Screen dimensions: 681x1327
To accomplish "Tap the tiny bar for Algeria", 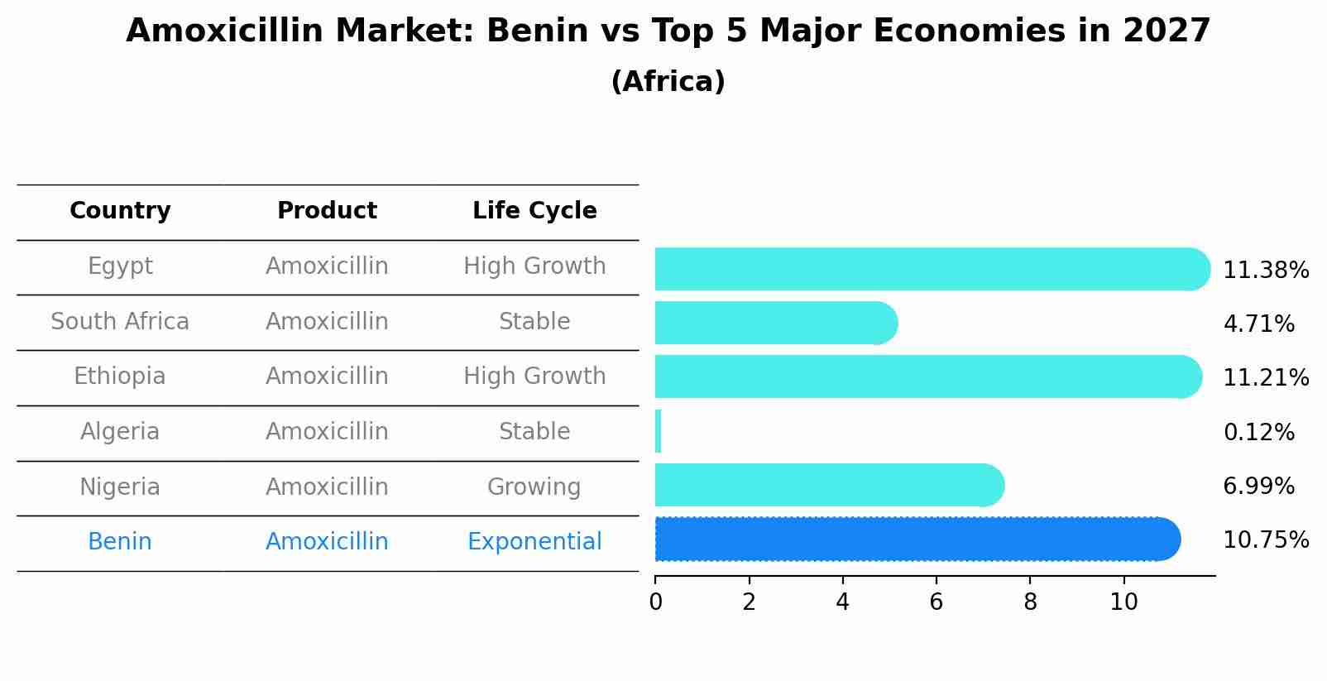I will [x=658, y=431].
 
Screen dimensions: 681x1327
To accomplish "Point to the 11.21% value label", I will [x=1266, y=378].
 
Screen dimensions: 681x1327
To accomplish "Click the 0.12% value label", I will [x=1258, y=432].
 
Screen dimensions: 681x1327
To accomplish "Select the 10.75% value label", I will [x=1266, y=540].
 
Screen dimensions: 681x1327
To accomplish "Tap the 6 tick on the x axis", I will [x=936, y=602].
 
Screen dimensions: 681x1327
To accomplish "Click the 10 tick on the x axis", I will [x=1123, y=602].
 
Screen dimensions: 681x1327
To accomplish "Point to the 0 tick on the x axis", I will [x=655, y=602].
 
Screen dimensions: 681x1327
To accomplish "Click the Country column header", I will [x=120, y=211].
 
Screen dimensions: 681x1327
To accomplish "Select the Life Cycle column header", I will [x=534, y=211].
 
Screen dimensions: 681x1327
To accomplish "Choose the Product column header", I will [x=327, y=211].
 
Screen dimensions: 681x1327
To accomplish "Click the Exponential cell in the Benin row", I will [x=534, y=542].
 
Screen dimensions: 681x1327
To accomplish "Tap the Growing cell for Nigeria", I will [x=534, y=487].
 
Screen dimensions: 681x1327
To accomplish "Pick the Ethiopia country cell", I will [x=120, y=376].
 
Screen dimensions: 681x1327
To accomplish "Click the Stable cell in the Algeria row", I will [x=534, y=432].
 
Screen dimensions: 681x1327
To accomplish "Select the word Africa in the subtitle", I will [x=668, y=82].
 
